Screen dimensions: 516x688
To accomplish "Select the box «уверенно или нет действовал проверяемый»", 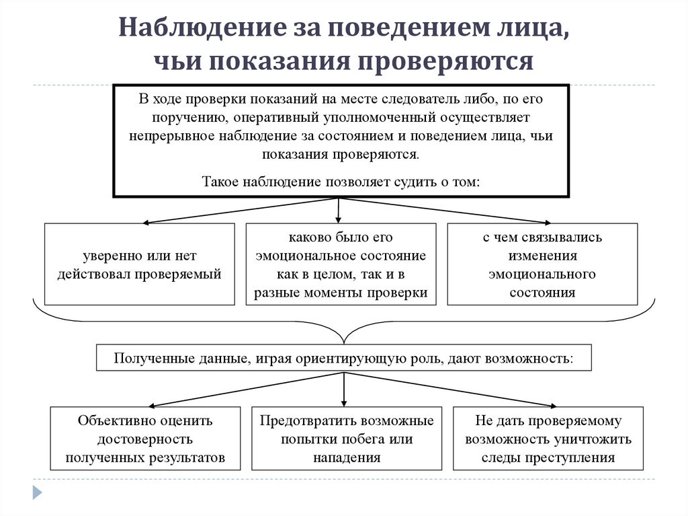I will tap(140, 264).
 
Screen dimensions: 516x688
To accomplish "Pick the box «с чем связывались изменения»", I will tap(542, 264).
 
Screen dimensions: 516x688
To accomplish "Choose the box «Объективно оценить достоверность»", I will tap(145, 439).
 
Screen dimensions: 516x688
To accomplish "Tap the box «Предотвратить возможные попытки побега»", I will tap(347, 439).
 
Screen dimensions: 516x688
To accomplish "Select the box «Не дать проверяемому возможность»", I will tap(548, 439).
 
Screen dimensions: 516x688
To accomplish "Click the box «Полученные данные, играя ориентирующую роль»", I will tap(344, 358).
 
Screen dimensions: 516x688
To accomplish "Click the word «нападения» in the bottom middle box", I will tap(347, 457).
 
